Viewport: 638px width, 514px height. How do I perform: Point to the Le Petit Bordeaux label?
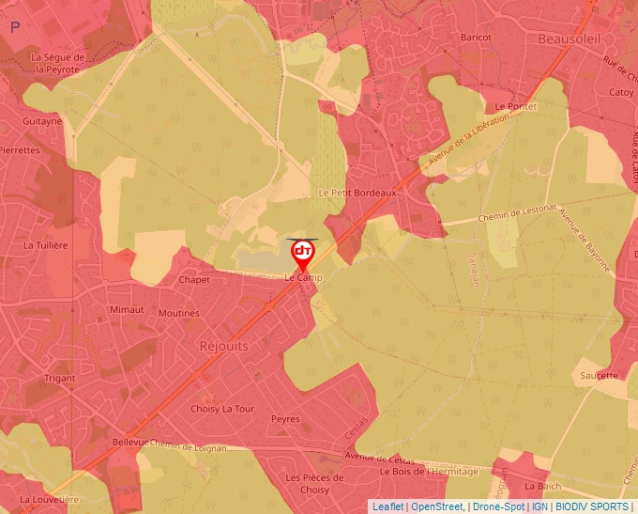pos(357,193)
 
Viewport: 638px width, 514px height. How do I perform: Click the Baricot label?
pos(476,37)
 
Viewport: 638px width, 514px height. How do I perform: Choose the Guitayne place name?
pos(42,121)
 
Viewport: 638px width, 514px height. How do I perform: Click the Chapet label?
pos(194,280)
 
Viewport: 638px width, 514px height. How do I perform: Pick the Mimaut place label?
pos(127,309)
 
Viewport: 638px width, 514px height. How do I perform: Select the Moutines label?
pos(179,313)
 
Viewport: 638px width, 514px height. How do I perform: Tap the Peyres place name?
pos(285,419)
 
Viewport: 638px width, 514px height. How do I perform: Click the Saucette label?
pos(600,376)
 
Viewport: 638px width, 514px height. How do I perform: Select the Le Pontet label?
pos(515,107)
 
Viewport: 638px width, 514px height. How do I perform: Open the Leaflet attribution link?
pos(387,506)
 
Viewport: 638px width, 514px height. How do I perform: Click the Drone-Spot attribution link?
pos(498,506)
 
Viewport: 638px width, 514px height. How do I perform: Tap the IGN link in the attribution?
pos(539,506)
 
